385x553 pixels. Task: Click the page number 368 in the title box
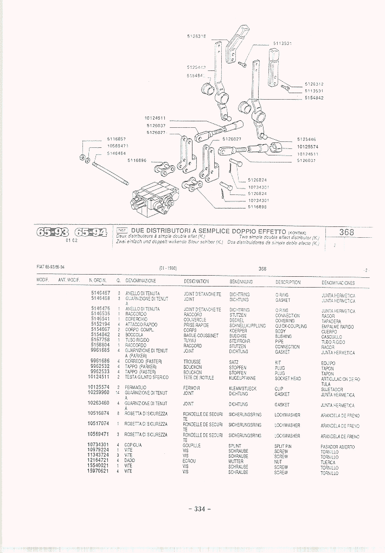click(347, 232)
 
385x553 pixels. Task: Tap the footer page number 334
click(199, 509)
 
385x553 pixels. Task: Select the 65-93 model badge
click(53, 233)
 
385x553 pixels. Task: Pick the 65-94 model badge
click(89, 233)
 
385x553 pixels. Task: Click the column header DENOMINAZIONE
click(141, 281)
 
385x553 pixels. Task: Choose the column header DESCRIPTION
click(287, 282)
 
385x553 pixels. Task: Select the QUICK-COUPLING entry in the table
click(291, 326)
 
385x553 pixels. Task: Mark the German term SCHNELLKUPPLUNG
click(247, 326)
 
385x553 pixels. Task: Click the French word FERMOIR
click(191, 388)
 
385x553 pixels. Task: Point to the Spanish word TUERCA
click(328, 463)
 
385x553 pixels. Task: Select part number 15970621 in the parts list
click(98, 471)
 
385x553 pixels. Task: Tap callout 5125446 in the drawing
click(307, 139)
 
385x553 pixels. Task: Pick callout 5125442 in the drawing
click(196, 68)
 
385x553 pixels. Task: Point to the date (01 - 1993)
click(168, 268)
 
